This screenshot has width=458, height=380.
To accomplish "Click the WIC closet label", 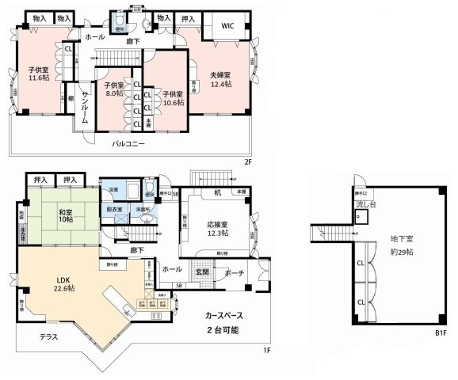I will [x=227, y=25].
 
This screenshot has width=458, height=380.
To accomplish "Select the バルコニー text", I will [x=128, y=143].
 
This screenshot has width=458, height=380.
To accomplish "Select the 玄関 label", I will [x=202, y=272].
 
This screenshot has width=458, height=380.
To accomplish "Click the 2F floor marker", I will [x=246, y=162].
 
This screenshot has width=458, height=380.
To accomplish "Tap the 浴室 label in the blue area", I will [x=113, y=191].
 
